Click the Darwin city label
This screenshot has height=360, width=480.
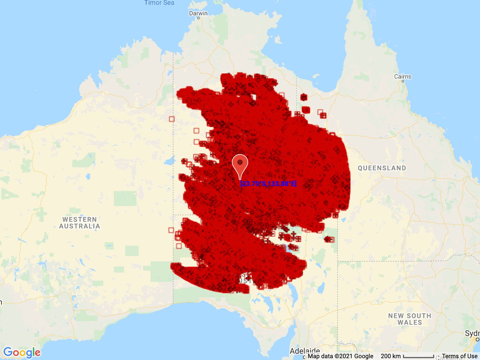[198, 13]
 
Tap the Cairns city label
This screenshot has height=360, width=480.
[403, 76]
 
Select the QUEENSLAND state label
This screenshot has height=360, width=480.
[382, 168]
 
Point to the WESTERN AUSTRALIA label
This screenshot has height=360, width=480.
[79, 223]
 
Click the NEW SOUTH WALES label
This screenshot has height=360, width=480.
[410, 319]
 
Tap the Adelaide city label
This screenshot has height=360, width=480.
[305, 351]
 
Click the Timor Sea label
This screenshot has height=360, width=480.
[159, 3]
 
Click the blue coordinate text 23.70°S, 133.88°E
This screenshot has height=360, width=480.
[268, 184]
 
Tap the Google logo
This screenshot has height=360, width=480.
[22, 352]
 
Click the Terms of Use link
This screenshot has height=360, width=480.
[460, 356]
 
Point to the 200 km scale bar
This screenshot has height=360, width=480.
[418, 356]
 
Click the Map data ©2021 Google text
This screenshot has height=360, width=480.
[340, 356]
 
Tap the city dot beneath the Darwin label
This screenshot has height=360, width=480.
[198, 18]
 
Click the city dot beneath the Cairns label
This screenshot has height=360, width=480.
[403, 81]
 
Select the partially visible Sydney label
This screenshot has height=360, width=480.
[472, 334]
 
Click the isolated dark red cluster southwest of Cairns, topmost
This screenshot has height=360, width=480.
[304, 97]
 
